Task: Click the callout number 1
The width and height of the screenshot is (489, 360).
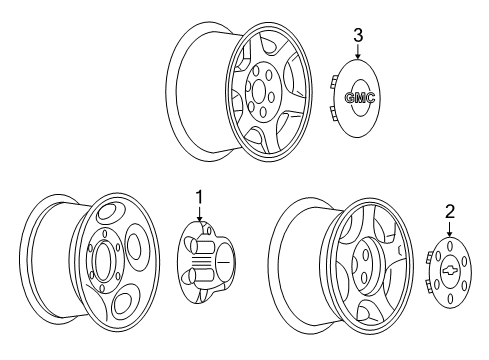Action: click(x=199, y=198)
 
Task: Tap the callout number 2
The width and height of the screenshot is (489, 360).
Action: click(x=450, y=212)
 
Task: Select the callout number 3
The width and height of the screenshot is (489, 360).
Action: click(x=358, y=36)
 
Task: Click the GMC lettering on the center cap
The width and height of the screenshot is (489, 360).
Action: click(x=360, y=98)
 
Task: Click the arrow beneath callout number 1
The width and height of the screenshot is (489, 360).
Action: click(x=199, y=214)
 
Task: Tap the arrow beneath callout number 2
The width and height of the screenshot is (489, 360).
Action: click(x=450, y=229)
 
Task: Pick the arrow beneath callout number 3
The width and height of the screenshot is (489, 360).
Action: click(x=358, y=52)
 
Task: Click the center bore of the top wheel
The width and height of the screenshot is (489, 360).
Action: click(x=258, y=90)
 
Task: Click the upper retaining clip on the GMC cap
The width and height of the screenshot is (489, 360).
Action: click(x=332, y=81)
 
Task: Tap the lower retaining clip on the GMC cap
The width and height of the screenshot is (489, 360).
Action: click(x=332, y=113)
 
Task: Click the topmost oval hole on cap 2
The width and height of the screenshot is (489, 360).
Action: click(x=450, y=247)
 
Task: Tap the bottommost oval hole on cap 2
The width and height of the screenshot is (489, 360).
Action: click(x=450, y=299)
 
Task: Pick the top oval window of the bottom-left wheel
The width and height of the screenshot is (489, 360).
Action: click(x=109, y=212)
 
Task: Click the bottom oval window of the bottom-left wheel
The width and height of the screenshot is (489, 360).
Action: click(x=123, y=304)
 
